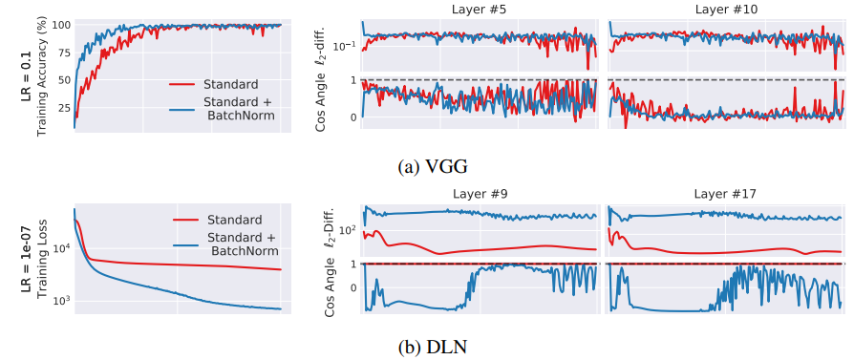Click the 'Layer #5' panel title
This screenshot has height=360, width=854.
[480, 10]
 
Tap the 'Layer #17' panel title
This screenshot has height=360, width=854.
[722, 193]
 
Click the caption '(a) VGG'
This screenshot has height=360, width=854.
[433, 167]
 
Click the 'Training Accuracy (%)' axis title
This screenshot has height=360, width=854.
[42, 75]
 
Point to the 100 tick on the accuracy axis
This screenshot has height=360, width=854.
[60, 25]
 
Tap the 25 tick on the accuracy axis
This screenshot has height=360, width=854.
[63, 108]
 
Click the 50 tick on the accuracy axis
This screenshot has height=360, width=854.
[63, 80]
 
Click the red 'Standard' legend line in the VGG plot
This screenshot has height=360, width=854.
[181, 84]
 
